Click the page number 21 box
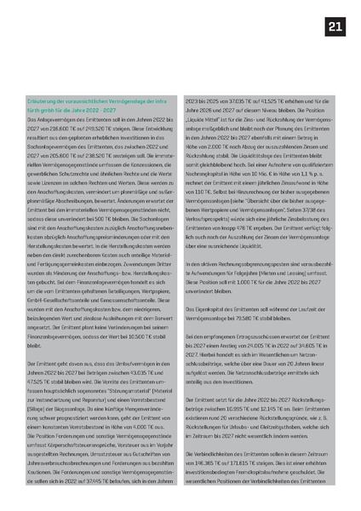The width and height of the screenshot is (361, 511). [x=335, y=27]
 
